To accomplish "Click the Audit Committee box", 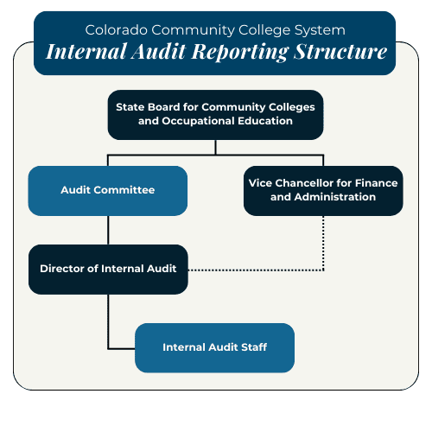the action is coord(108,191).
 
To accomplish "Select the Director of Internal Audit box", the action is coord(108,270).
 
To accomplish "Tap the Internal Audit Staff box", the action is coord(214,347).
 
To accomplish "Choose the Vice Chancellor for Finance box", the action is coord(323,191).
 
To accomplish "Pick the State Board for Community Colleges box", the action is coord(215,115).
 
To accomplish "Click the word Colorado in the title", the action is coord(117,30).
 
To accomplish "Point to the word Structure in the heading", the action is coord(340,52).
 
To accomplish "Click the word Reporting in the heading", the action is coord(240,52).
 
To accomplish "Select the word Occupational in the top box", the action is coord(198,121).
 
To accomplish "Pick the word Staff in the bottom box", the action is coord(254,347).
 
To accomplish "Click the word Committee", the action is coord(124,190).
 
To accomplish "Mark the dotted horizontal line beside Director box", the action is coord(256,270).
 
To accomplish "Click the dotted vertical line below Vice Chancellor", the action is coord(323,243).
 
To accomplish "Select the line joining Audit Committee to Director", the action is coord(108,230).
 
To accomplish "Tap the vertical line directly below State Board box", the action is coord(215,148).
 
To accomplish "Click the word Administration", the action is coord(335,197).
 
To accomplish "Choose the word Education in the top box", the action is coord(265,121).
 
